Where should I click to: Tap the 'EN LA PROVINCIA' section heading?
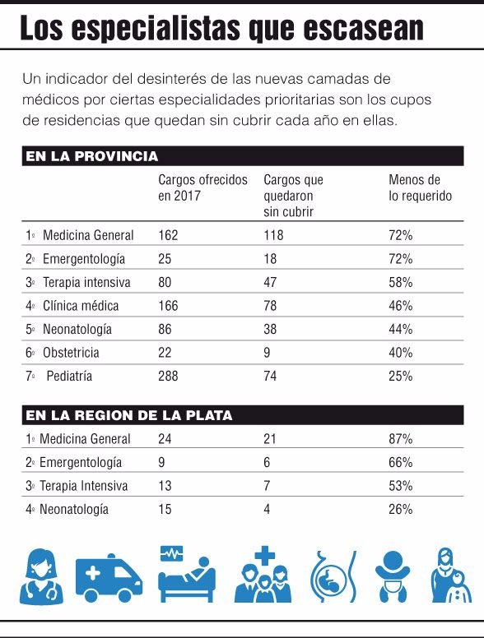click(92, 156)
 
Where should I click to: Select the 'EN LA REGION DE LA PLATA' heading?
click(129, 415)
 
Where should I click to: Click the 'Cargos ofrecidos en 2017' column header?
click(202, 187)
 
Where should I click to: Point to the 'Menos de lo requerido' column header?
click(420, 187)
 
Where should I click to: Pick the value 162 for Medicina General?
click(168, 235)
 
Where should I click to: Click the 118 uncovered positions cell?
click(273, 235)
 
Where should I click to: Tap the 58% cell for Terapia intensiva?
click(401, 282)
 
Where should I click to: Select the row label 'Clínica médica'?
click(81, 306)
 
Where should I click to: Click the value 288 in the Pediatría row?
click(168, 376)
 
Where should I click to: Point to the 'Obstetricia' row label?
click(71, 353)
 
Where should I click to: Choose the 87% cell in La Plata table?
click(401, 439)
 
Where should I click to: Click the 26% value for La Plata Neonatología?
click(401, 509)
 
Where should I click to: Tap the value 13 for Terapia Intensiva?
click(165, 486)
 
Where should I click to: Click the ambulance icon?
click(109, 578)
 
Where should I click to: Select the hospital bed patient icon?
click(187, 575)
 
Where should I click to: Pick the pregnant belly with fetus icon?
click(333, 576)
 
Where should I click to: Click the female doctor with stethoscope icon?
click(41, 576)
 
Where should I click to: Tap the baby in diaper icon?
click(393, 576)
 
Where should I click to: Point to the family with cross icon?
click(263, 575)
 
